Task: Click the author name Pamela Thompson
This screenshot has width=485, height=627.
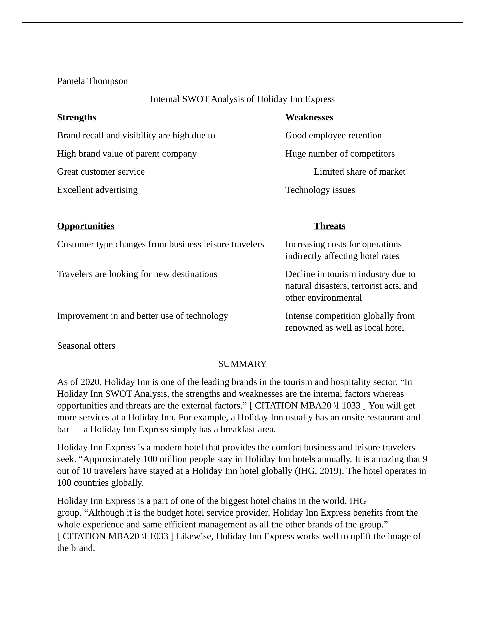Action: point(92,81)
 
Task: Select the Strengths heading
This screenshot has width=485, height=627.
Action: point(76,117)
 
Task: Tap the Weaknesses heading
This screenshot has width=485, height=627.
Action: point(309,117)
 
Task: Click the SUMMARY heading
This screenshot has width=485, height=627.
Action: point(242,364)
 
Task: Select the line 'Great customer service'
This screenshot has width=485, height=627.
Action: point(101,172)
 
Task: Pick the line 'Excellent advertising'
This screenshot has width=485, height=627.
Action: point(97,190)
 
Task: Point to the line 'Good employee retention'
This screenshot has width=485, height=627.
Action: point(333,135)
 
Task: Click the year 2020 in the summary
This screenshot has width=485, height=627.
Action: point(90,382)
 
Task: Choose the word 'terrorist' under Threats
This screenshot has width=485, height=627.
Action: point(364,286)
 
